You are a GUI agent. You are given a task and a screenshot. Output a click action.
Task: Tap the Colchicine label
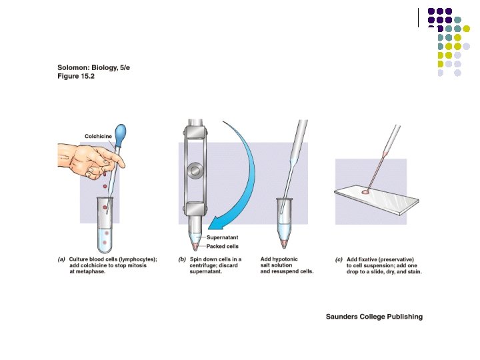coord(98,136)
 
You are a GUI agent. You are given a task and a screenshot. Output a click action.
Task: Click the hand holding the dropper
coord(91,161)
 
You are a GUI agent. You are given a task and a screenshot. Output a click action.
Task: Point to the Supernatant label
coord(222,237)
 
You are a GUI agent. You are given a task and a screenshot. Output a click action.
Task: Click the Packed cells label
coord(222,246)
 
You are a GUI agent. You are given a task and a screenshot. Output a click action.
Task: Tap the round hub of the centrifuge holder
coord(195,171)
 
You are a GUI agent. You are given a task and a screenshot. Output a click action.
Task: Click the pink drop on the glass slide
coord(365,192)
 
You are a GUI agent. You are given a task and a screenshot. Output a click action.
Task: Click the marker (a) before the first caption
coord(61,259)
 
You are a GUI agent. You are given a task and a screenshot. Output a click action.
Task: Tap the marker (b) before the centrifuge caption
coord(182,259)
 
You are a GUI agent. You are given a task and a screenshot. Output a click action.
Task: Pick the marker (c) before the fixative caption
coord(339,259)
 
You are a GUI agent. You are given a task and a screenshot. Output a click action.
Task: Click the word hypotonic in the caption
coord(285,259)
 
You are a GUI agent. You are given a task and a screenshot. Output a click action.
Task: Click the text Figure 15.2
coord(76,76)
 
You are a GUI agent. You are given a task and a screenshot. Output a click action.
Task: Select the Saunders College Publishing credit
coord(374,317)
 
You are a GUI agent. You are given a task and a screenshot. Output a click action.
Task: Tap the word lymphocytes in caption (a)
coord(137,259)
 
